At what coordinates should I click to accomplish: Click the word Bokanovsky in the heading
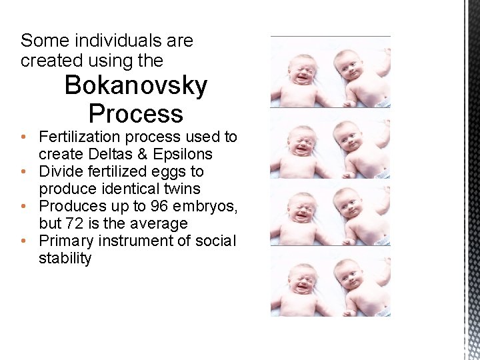pos(135,86)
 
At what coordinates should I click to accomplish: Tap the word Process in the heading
pos(135,113)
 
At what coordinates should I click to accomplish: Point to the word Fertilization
pos(82,137)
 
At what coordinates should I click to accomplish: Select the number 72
pos(83,224)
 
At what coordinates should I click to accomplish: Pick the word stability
pos(65,259)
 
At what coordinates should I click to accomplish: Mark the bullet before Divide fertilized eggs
pos(23,172)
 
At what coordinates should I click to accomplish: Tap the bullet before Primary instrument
pos(23,241)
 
